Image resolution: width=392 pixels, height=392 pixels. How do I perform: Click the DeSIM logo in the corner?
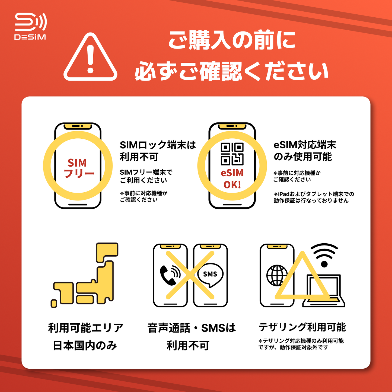pos(30,26)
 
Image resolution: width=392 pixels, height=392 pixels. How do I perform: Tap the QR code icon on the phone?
pos(232,154)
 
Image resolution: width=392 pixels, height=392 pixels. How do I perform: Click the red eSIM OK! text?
pos(232,179)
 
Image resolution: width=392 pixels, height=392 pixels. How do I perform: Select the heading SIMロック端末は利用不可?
pos(157,151)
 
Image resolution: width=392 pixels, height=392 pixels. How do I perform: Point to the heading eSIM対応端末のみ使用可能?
pos(304,151)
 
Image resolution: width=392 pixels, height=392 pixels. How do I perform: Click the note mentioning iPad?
pos(314,197)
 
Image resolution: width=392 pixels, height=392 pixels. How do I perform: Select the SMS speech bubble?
pos(210,275)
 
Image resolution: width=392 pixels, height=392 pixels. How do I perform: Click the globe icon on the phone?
pos(277,275)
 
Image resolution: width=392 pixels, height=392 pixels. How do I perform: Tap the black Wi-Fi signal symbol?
pos(324,255)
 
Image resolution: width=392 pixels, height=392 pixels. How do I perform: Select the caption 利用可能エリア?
pos(85,328)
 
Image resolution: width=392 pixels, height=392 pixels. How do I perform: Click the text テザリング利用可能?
pos(302,327)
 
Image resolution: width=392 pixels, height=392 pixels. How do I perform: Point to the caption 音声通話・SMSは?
pos(192,328)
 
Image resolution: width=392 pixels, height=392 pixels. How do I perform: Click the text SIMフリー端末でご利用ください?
pos(146,176)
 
